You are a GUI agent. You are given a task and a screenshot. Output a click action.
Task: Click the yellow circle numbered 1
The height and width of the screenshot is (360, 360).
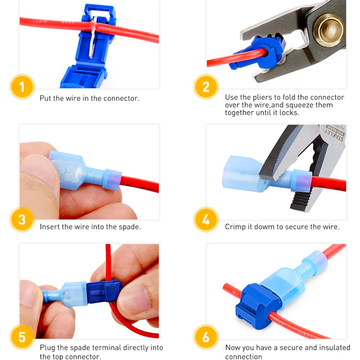[x=22, y=87]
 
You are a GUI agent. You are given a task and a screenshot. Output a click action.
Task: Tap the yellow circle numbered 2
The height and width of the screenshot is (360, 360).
[x=206, y=87]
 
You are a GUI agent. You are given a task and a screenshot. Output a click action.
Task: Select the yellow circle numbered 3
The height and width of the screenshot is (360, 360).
[x=22, y=220]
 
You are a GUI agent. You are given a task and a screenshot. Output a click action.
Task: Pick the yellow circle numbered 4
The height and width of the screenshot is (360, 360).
[x=206, y=220]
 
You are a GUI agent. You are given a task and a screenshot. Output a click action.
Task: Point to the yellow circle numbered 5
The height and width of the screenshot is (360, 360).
[x=22, y=337]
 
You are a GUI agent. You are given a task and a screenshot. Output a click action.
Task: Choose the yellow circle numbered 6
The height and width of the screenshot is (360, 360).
[x=206, y=337]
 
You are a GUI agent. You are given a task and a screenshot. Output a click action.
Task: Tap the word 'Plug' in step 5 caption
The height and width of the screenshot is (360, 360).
[x=48, y=348]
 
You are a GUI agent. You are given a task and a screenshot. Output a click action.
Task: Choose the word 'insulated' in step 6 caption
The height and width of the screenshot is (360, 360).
[x=336, y=347]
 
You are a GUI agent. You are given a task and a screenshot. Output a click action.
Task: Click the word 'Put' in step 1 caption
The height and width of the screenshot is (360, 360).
[x=45, y=98]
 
